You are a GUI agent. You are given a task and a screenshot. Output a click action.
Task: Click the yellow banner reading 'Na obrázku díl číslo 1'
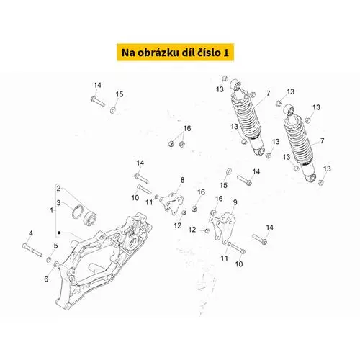tap(175, 53)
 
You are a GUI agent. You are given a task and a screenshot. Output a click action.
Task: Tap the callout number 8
tap(182, 180)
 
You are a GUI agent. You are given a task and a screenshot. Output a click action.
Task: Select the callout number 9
tap(235, 202)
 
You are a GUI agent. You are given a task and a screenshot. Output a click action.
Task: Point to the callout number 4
tap(31, 233)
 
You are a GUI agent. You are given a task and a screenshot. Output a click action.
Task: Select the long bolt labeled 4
tap(32, 250)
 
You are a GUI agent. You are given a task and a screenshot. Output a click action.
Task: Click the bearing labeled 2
tap(90, 218)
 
